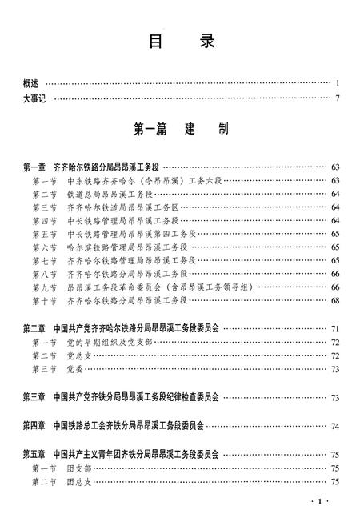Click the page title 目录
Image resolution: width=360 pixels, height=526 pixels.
point(179,44)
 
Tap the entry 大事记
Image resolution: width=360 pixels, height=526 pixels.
point(37,98)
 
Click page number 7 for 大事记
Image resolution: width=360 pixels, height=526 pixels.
point(338,98)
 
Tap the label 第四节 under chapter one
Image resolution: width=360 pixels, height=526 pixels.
point(45,220)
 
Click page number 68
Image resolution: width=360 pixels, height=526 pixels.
point(335,300)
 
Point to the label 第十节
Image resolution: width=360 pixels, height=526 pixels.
point(45,300)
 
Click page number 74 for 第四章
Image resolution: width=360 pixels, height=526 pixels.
point(335,426)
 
